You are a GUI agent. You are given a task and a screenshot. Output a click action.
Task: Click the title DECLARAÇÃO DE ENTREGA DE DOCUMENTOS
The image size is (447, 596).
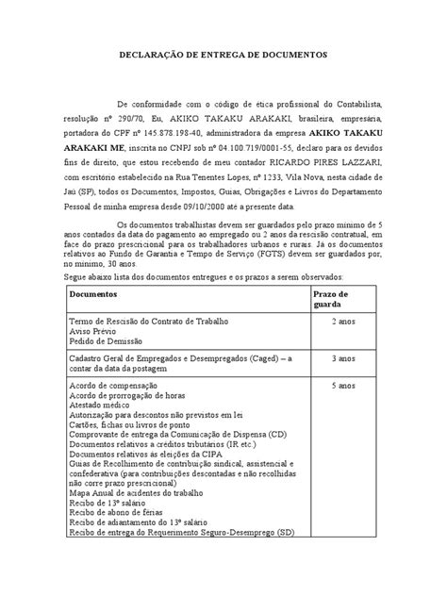click(223, 56)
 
